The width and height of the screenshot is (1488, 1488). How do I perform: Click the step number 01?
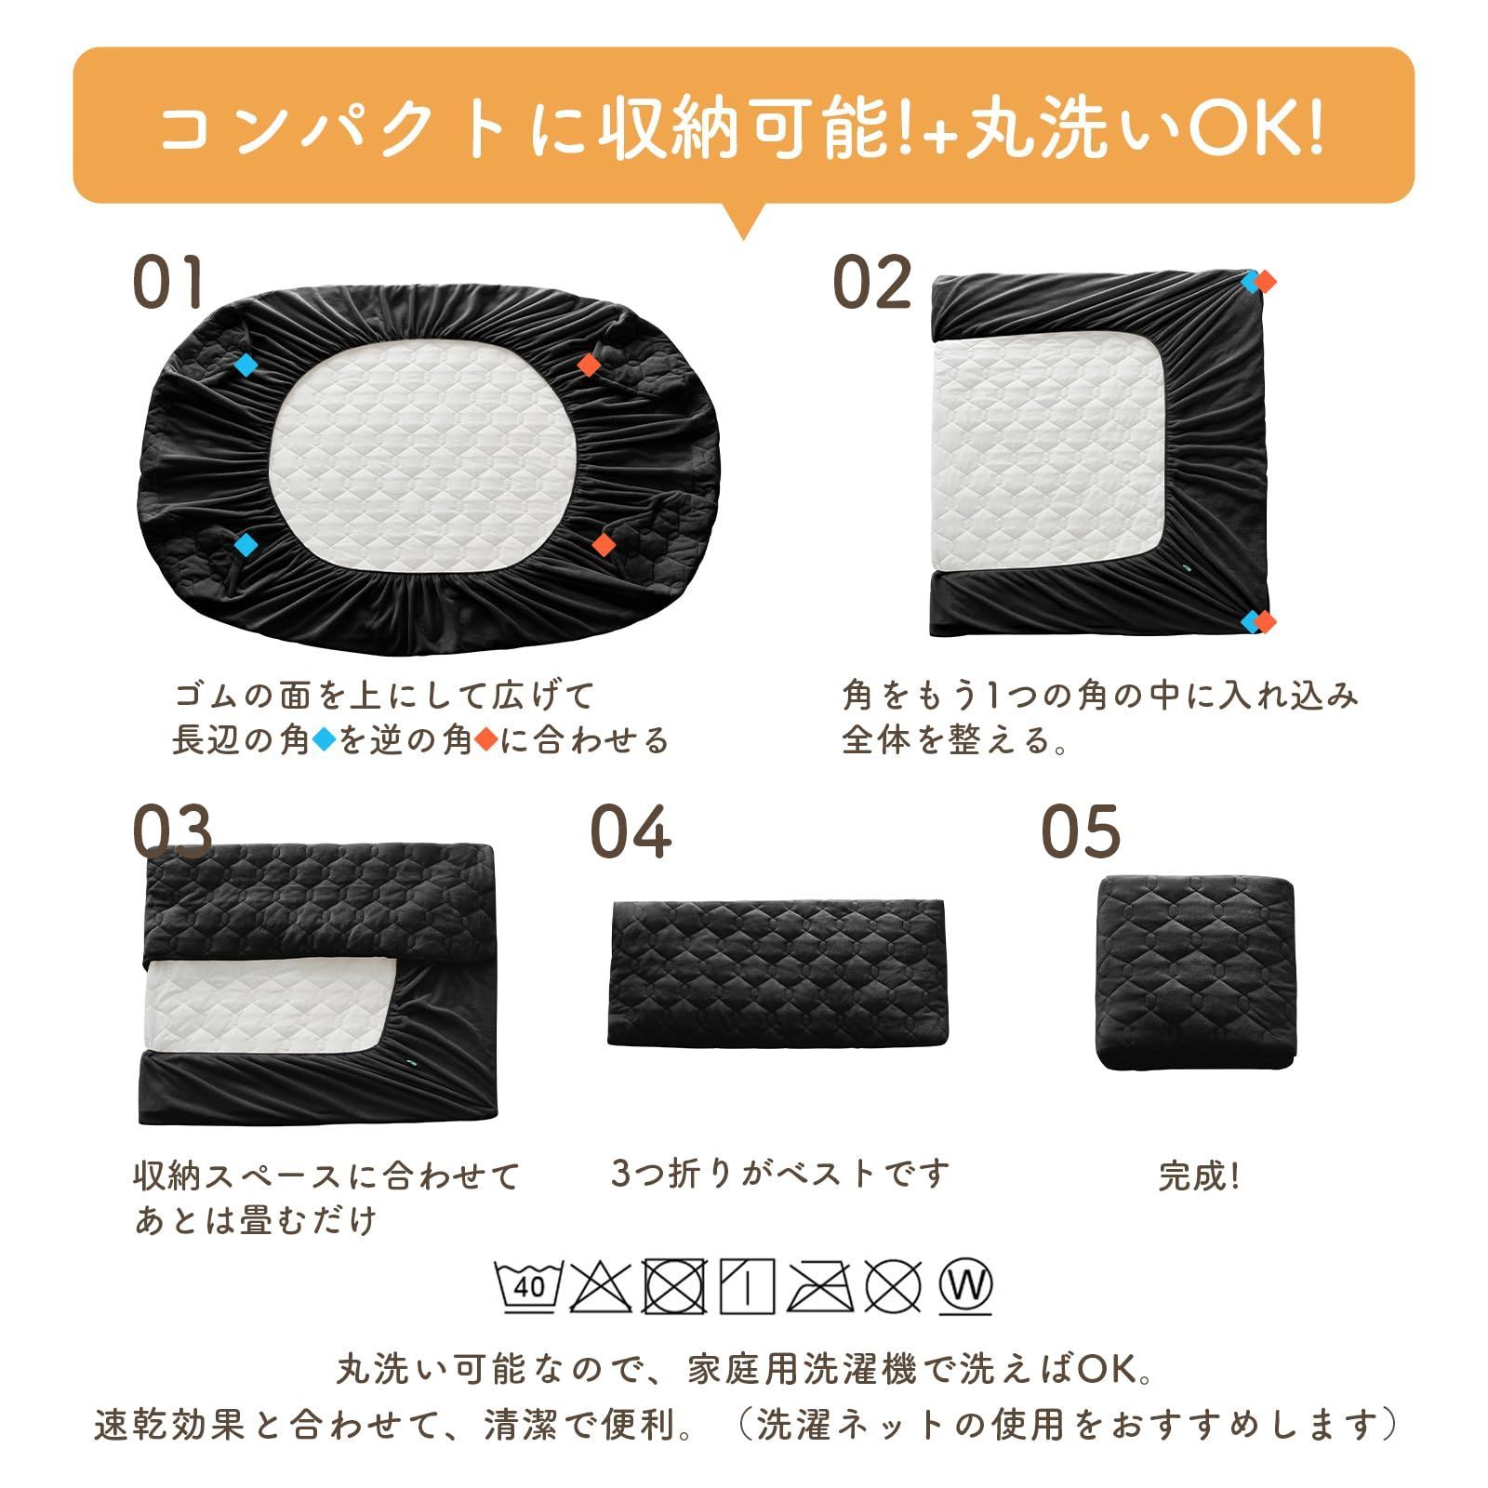168,283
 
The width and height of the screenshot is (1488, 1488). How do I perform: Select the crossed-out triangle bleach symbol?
600,1287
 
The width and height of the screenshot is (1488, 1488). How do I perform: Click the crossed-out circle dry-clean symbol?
893,1287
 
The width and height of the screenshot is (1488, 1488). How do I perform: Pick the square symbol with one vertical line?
748,1287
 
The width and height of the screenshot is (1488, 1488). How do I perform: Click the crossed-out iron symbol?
821,1287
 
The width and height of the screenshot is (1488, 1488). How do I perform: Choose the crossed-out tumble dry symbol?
675,1287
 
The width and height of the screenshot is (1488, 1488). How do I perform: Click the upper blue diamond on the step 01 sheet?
245,365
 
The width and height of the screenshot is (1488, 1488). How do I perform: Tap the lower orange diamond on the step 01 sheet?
604,543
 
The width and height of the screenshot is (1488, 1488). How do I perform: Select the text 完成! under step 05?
1199,1177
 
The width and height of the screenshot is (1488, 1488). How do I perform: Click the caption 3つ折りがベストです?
780,1174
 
